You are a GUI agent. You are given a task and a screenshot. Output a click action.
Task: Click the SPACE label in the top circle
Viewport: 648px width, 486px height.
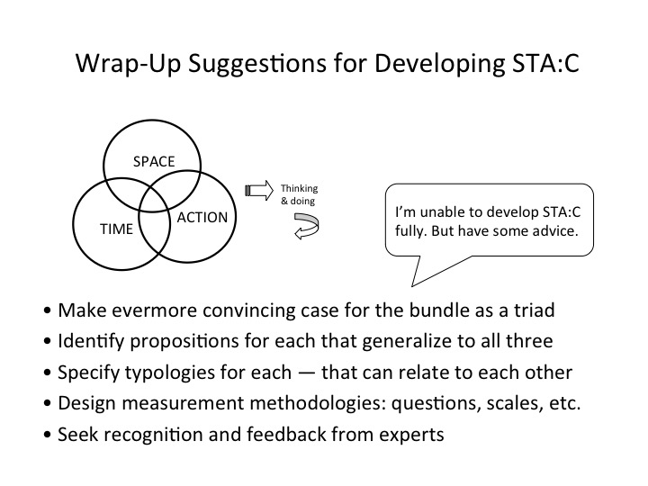[153, 162]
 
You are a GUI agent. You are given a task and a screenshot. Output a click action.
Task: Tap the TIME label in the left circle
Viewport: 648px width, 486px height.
[116, 229]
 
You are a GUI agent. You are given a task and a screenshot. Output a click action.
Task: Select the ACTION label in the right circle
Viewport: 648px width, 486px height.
[202, 218]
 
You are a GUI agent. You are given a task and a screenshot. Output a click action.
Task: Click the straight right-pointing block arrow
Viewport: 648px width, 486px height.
[259, 190]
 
